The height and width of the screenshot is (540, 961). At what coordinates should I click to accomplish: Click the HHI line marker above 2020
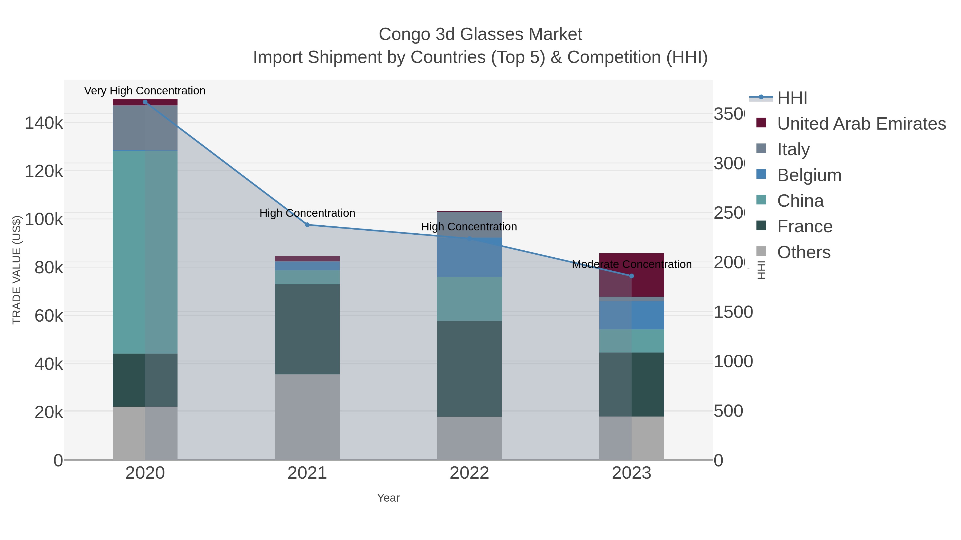(x=145, y=102)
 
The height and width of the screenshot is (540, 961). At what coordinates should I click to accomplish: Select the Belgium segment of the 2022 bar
(x=469, y=257)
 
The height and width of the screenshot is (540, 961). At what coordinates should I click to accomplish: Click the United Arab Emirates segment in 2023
(x=631, y=275)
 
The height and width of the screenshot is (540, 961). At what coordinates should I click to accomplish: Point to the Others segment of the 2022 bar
(x=469, y=438)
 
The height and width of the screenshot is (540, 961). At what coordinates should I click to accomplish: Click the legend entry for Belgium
(x=809, y=175)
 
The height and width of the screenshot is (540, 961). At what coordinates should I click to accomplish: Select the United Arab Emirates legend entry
(x=861, y=124)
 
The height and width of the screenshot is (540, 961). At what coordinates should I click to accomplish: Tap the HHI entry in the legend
(x=792, y=98)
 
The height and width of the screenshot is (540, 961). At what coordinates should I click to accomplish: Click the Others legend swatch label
(x=804, y=252)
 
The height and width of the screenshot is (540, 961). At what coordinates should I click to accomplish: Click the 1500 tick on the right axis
(x=733, y=312)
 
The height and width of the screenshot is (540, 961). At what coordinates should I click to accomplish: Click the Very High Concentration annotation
(x=145, y=91)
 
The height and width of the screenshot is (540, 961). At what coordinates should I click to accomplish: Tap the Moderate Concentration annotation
(x=631, y=264)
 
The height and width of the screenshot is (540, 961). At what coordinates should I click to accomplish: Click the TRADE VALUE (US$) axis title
(x=17, y=269)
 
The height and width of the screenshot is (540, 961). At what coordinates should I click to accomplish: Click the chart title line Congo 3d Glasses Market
(x=480, y=34)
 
